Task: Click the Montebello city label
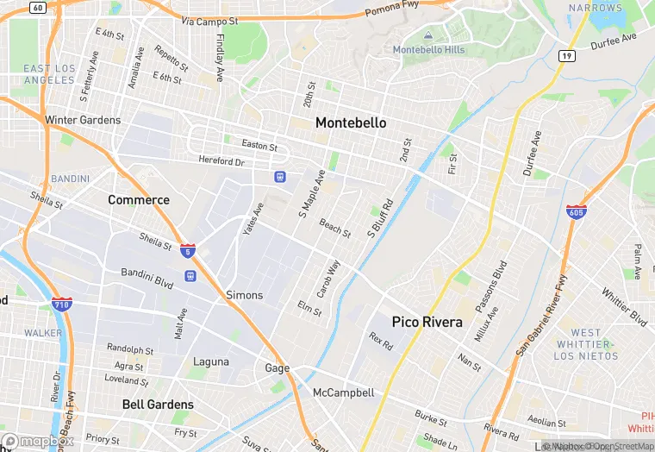351,123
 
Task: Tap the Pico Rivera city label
427,322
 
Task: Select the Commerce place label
139,199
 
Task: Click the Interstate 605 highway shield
577,211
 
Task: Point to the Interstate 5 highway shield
188,251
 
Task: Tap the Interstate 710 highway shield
61,304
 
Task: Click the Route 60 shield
36,7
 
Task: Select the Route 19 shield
566,55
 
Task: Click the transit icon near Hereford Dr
279,177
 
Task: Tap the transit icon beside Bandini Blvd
190,276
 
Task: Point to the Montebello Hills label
428,49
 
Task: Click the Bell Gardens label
158,404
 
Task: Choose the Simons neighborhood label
244,295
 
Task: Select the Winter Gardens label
83,120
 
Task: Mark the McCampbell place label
343,392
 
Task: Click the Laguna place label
211,361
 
